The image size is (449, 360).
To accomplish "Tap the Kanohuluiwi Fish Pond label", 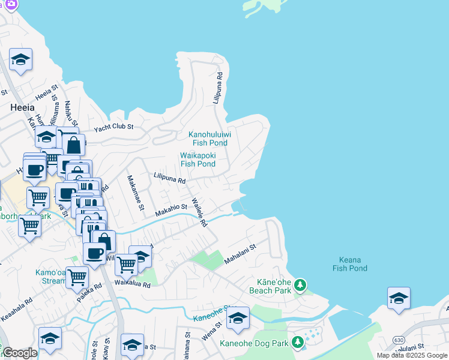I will (x=209, y=139).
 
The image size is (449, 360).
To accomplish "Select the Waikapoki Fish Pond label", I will (x=198, y=160).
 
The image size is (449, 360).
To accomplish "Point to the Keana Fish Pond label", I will (x=350, y=264).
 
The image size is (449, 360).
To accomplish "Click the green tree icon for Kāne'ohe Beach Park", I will (x=300, y=286).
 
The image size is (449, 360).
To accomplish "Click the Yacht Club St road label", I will (x=113, y=128).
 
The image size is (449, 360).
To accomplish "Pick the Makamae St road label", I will (x=135, y=193).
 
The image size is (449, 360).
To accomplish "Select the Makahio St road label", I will (x=171, y=210).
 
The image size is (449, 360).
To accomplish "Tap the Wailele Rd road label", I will (x=199, y=212).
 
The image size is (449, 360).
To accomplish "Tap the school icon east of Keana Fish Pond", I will (x=399, y=298).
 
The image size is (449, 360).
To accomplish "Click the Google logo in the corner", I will (x=20, y=353).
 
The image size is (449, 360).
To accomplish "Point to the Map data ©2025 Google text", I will (x=412, y=355).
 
